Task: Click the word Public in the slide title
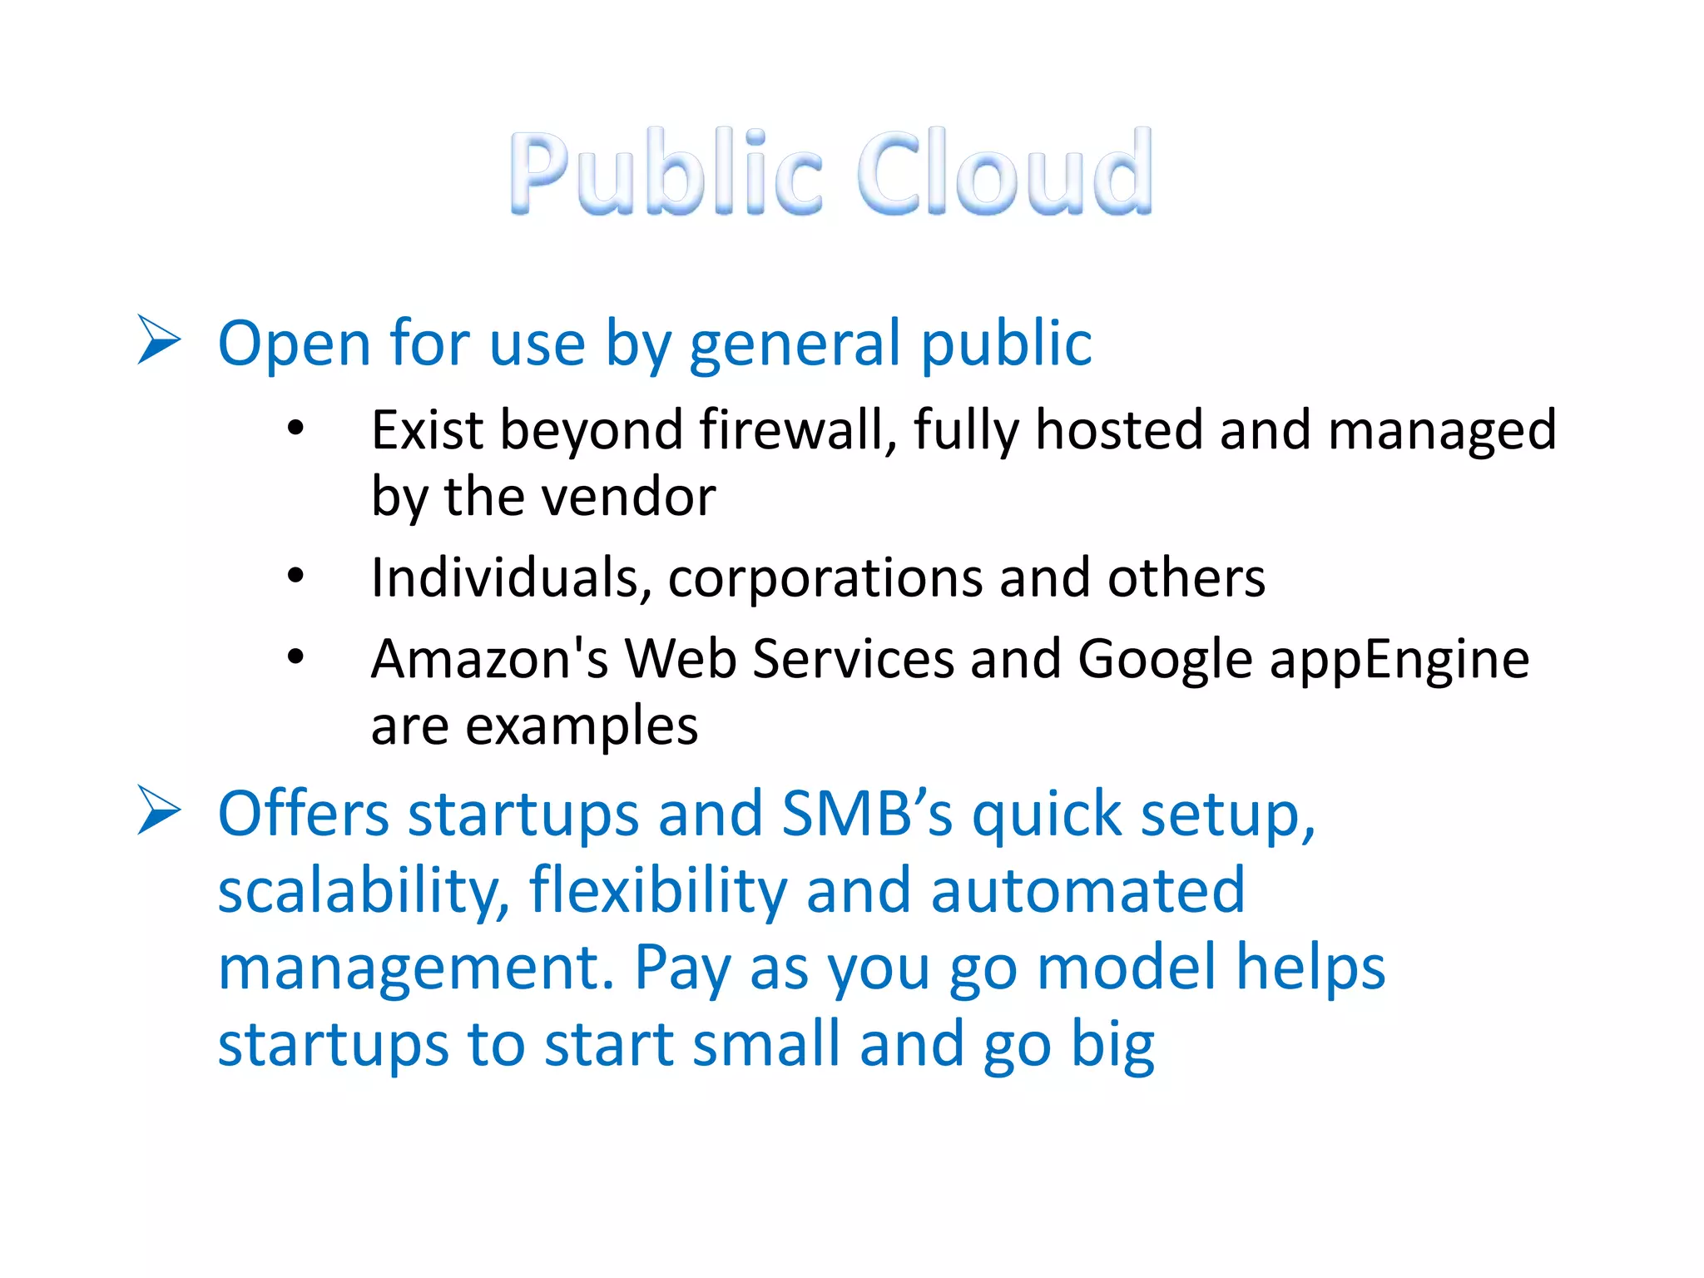point(666,172)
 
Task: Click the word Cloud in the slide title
point(1005,172)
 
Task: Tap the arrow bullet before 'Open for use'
point(158,339)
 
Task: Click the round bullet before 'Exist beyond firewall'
point(295,429)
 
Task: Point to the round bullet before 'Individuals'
point(295,576)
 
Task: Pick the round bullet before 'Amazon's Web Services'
point(295,657)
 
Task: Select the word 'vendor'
point(633,497)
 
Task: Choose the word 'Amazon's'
point(489,658)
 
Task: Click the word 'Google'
point(1165,660)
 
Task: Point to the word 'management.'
point(416,968)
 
